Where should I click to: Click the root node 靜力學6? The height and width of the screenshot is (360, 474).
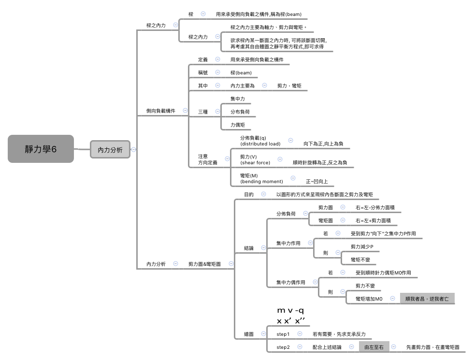coord(41,149)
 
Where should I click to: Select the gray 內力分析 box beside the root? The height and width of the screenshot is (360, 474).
coord(110,150)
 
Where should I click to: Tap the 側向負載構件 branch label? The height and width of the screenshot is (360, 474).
coord(161,111)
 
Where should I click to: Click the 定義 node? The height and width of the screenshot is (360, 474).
coord(203,59)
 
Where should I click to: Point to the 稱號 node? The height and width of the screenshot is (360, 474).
coord(203,72)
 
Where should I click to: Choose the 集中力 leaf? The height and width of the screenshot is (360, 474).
coord(238,99)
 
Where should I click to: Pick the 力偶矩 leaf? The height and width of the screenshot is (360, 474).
coord(238,125)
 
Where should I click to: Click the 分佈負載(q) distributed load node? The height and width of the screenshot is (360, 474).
coord(260,141)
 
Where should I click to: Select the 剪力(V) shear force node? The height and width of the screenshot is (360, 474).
coord(255,159)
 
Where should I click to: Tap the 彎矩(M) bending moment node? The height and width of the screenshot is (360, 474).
coord(261,178)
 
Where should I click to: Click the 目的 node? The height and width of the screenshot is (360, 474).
coord(249,194)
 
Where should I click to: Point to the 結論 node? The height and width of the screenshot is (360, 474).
coord(249,248)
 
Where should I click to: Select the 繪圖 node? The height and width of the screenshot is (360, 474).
coord(249,334)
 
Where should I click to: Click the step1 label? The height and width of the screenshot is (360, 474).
coord(283,334)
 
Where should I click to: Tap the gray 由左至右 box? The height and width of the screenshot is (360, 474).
coord(374,347)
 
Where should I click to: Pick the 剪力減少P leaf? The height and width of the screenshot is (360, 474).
coord(365,247)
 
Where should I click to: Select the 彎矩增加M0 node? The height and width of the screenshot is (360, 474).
coord(369,299)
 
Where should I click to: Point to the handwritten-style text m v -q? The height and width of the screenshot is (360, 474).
coord(290,310)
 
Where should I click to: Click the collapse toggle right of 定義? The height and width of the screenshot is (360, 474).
coord(217,59)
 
